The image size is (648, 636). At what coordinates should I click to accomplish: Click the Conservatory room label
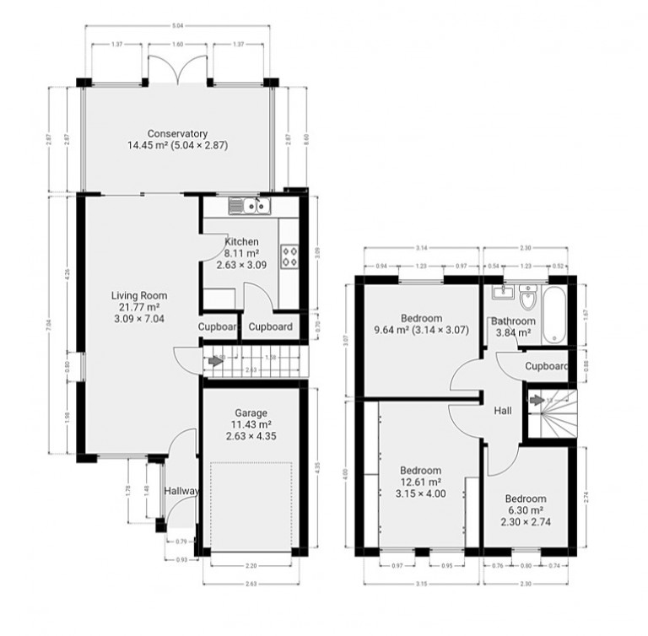pyautogui.click(x=177, y=133)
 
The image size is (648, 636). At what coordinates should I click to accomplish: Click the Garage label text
pyautogui.click(x=251, y=412)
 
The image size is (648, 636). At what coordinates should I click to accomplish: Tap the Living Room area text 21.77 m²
pyautogui.click(x=140, y=308)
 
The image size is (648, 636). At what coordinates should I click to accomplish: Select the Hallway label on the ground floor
pyautogui.click(x=180, y=491)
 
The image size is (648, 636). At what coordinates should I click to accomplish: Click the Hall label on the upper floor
pyautogui.click(x=504, y=410)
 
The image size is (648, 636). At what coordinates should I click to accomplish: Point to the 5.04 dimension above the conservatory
pyautogui.click(x=176, y=26)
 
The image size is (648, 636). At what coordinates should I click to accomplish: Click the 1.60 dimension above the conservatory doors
pyautogui.click(x=176, y=44)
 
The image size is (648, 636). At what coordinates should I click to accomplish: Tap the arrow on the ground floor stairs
pyautogui.click(x=217, y=361)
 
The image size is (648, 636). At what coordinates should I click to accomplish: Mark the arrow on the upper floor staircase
pyautogui.click(x=537, y=400)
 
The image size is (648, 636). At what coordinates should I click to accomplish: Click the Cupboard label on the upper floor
pyautogui.click(x=546, y=366)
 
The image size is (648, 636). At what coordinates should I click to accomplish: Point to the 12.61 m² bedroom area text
pyautogui.click(x=420, y=482)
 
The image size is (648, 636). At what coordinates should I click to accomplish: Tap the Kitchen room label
pyautogui.click(x=241, y=242)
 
